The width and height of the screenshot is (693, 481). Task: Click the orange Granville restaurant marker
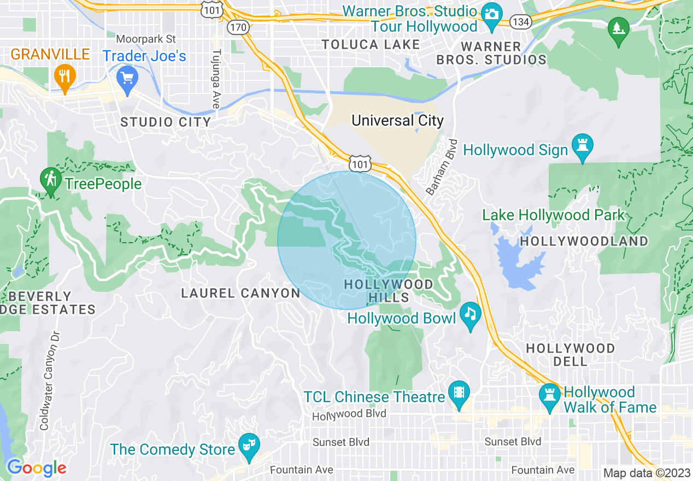(x=64, y=76)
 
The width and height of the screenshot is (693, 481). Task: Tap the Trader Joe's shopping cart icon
(x=128, y=78)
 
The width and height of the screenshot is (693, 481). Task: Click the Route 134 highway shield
(x=519, y=22)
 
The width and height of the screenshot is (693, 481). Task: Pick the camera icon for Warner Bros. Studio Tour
(x=492, y=13)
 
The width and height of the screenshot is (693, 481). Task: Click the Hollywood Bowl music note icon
(x=470, y=314)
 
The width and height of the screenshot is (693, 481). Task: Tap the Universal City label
(x=397, y=121)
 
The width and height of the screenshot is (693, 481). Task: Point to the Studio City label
(x=166, y=122)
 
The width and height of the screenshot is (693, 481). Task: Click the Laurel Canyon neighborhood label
(x=240, y=294)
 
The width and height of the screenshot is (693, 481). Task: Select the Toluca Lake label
(x=371, y=45)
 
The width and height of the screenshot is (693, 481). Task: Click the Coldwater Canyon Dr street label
(x=48, y=380)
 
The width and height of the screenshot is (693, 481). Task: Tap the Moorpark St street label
(x=146, y=39)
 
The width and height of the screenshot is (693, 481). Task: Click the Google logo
(x=37, y=468)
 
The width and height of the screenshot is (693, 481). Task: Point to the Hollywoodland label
(x=584, y=241)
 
